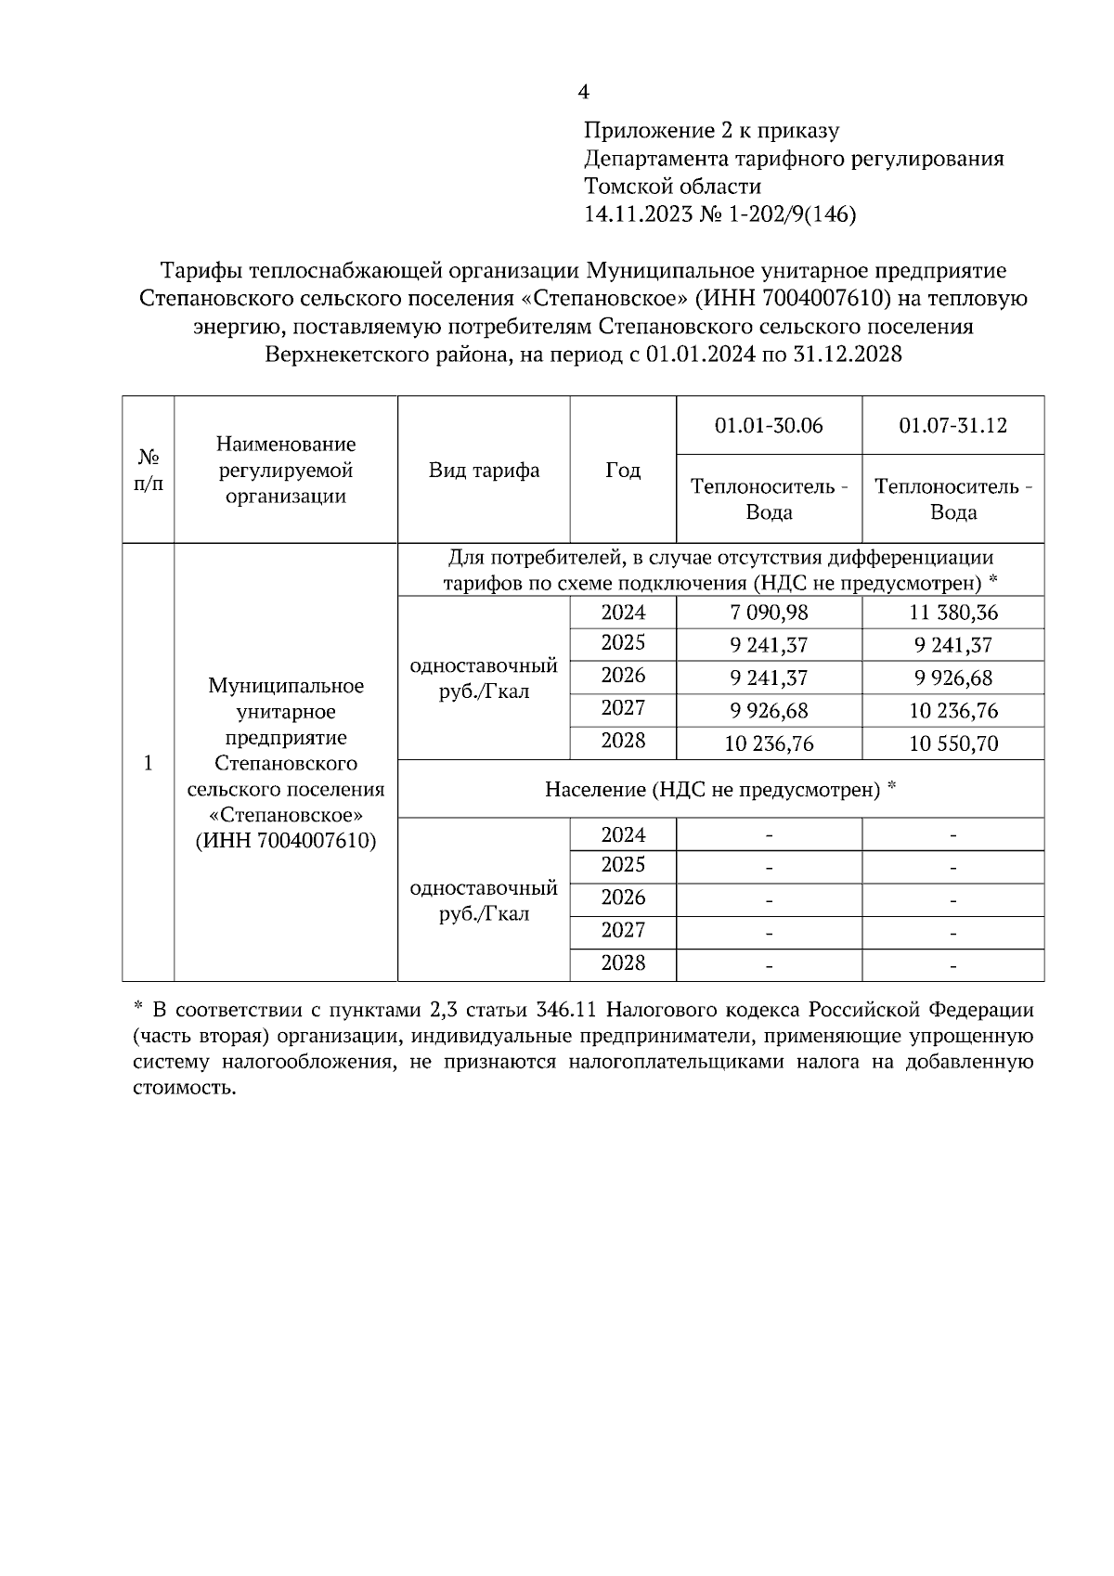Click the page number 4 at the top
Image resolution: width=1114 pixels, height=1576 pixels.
click(x=583, y=92)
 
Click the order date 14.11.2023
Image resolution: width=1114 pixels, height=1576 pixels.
click(x=638, y=215)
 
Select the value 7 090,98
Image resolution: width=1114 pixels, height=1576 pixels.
click(x=769, y=613)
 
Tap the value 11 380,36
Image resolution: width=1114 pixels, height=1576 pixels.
click(x=952, y=613)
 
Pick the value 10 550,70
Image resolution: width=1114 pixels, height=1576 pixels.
click(x=952, y=743)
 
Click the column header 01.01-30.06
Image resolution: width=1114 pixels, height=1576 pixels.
click(x=769, y=425)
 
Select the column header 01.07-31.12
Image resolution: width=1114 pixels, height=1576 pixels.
click(x=952, y=425)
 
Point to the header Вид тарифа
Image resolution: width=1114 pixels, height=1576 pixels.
click(x=484, y=470)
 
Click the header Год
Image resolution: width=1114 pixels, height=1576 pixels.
click(x=623, y=470)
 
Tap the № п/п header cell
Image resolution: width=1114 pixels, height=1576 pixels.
click(x=149, y=470)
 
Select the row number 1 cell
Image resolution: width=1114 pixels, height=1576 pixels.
click(x=149, y=763)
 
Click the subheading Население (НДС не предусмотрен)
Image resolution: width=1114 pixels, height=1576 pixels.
click(x=720, y=790)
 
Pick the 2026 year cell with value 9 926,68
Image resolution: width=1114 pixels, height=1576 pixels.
click(x=623, y=676)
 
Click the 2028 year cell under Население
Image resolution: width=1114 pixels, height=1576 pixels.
click(x=623, y=963)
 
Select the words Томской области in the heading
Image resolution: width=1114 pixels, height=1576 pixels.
click(x=672, y=187)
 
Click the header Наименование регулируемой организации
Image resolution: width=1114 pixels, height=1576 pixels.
click(x=285, y=470)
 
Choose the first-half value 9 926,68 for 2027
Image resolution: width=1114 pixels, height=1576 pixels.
click(x=769, y=711)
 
